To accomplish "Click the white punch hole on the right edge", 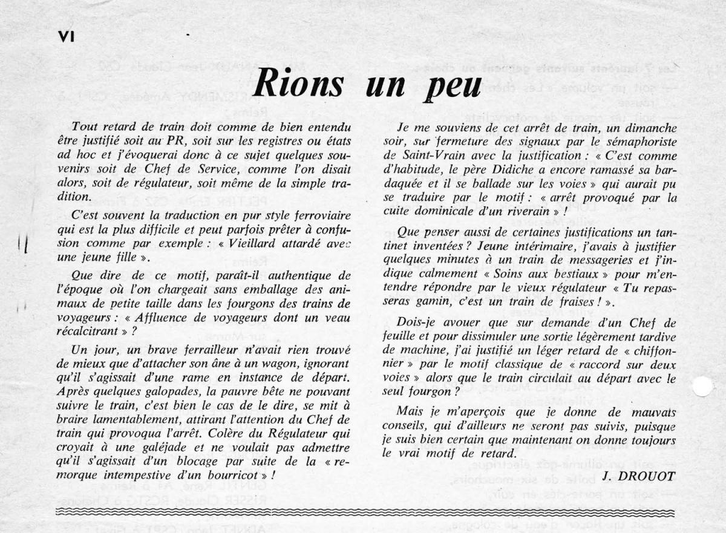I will point(703,386).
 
